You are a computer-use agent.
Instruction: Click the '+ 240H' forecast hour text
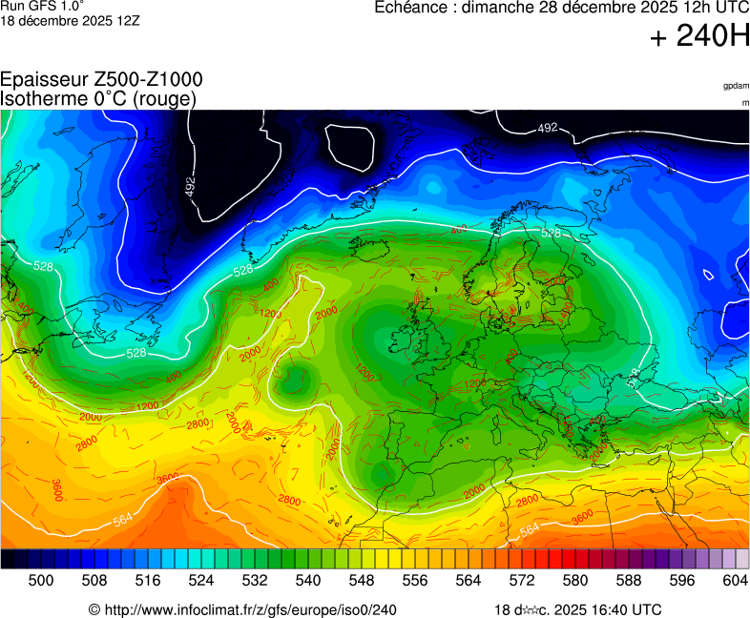pos(699,38)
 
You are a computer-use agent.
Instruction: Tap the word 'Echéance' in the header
pos(410,9)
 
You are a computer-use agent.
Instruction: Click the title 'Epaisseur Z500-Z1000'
pos(101,80)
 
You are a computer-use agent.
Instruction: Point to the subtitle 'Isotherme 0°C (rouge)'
pos(98,98)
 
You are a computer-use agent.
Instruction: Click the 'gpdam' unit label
pos(737,86)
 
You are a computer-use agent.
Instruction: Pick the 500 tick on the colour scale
pos(41,580)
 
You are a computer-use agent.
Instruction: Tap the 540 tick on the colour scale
pos(308,580)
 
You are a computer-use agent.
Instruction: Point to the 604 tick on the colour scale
pos(736,580)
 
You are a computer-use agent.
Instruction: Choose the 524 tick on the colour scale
pos(201,580)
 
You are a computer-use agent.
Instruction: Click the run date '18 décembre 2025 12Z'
pos(70,20)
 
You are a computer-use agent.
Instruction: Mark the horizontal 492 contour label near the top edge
pos(547,128)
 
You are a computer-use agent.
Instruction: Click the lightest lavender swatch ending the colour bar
pos(742,559)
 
